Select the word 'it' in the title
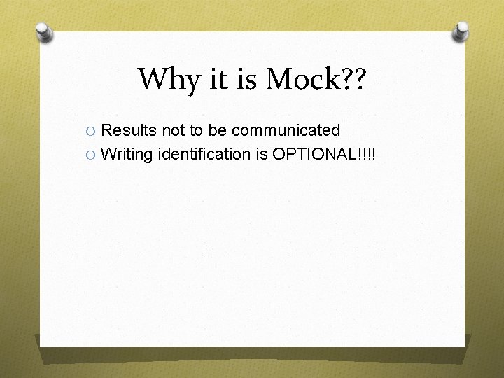(x=218, y=80)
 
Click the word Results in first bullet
(x=129, y=130)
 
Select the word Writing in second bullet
(x=126, y=154)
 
